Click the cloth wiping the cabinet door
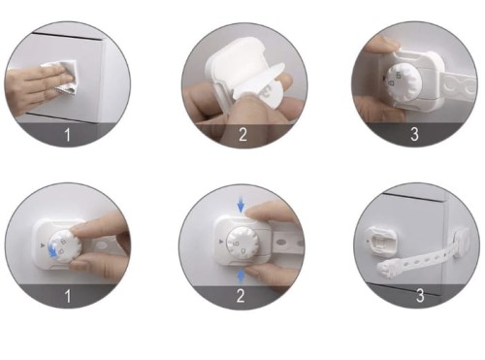click(x=61, y=77)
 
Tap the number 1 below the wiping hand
click(x=67, y=135)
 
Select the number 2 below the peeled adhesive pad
click(x=242, y=135)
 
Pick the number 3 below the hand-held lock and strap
click(x=414, y=134)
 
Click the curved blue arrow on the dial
click(x=54, y=250)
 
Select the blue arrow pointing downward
click(x=241, y=206)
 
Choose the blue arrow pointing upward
click(x=241, y=277)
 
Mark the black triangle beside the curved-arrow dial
click(x=43, y=245)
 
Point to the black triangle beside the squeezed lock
click(x=221, y=242)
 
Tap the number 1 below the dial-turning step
click(x=67, y=296)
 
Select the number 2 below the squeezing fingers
click(x=241, y=296)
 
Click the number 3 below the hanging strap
click(x=420, y=295)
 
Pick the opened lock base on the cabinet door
click(x=381, y=241)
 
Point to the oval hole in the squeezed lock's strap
click(x=282, y=242)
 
